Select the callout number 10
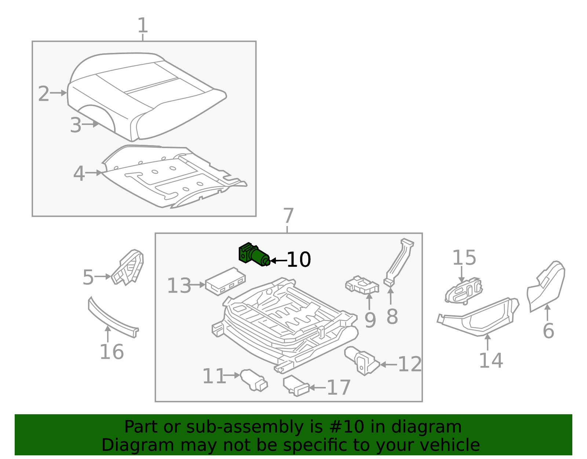299,260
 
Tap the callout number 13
179,286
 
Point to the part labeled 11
254,380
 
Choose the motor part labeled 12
361,360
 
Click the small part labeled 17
296,386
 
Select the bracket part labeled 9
361,285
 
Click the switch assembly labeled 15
463,291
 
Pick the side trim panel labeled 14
481,317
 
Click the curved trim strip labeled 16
112,319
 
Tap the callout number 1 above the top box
142,26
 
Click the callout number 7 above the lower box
288,216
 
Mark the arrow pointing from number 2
58,93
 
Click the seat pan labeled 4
172,176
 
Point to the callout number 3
76,125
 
